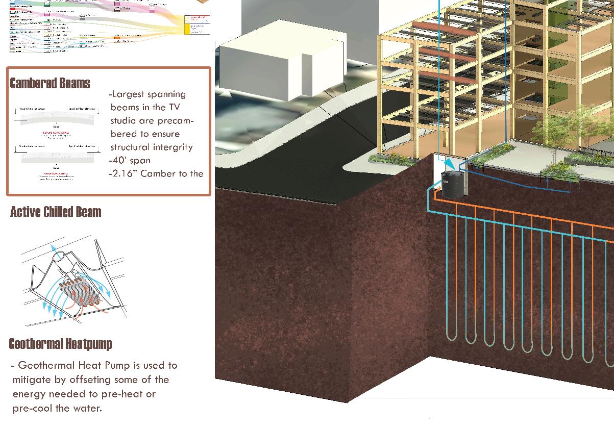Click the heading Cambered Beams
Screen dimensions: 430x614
point(50,84)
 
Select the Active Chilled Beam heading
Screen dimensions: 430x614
point(56,212)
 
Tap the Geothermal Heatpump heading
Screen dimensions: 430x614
point(60,344)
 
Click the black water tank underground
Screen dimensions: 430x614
point(451,185)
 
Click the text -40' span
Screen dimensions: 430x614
point(130,160)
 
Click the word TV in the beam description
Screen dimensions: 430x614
point(174,107)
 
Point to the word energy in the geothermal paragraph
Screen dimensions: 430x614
point(29,394)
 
